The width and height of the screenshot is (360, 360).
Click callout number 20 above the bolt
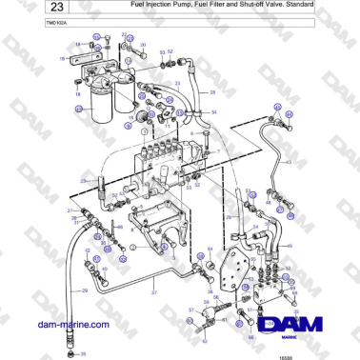pos(142,45)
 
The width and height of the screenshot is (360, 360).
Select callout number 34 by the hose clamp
pos(213,111)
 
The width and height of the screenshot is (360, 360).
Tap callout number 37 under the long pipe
pos(152,293)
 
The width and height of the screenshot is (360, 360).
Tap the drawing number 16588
pos(340,354)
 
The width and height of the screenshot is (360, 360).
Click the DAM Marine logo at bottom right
pos(295,327)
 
